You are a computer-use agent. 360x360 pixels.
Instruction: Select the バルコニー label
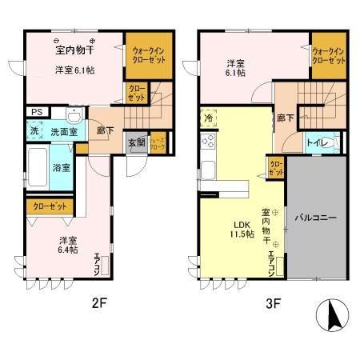314,217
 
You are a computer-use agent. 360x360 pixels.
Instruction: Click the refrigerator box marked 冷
208,116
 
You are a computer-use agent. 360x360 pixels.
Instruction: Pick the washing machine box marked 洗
34,130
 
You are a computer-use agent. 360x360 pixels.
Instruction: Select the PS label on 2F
34,112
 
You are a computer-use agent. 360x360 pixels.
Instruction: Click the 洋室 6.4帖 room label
66,245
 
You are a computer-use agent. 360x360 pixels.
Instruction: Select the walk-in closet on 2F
148,55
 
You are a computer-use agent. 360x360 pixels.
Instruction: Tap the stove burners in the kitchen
209,142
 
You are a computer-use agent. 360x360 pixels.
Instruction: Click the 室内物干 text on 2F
74,51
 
